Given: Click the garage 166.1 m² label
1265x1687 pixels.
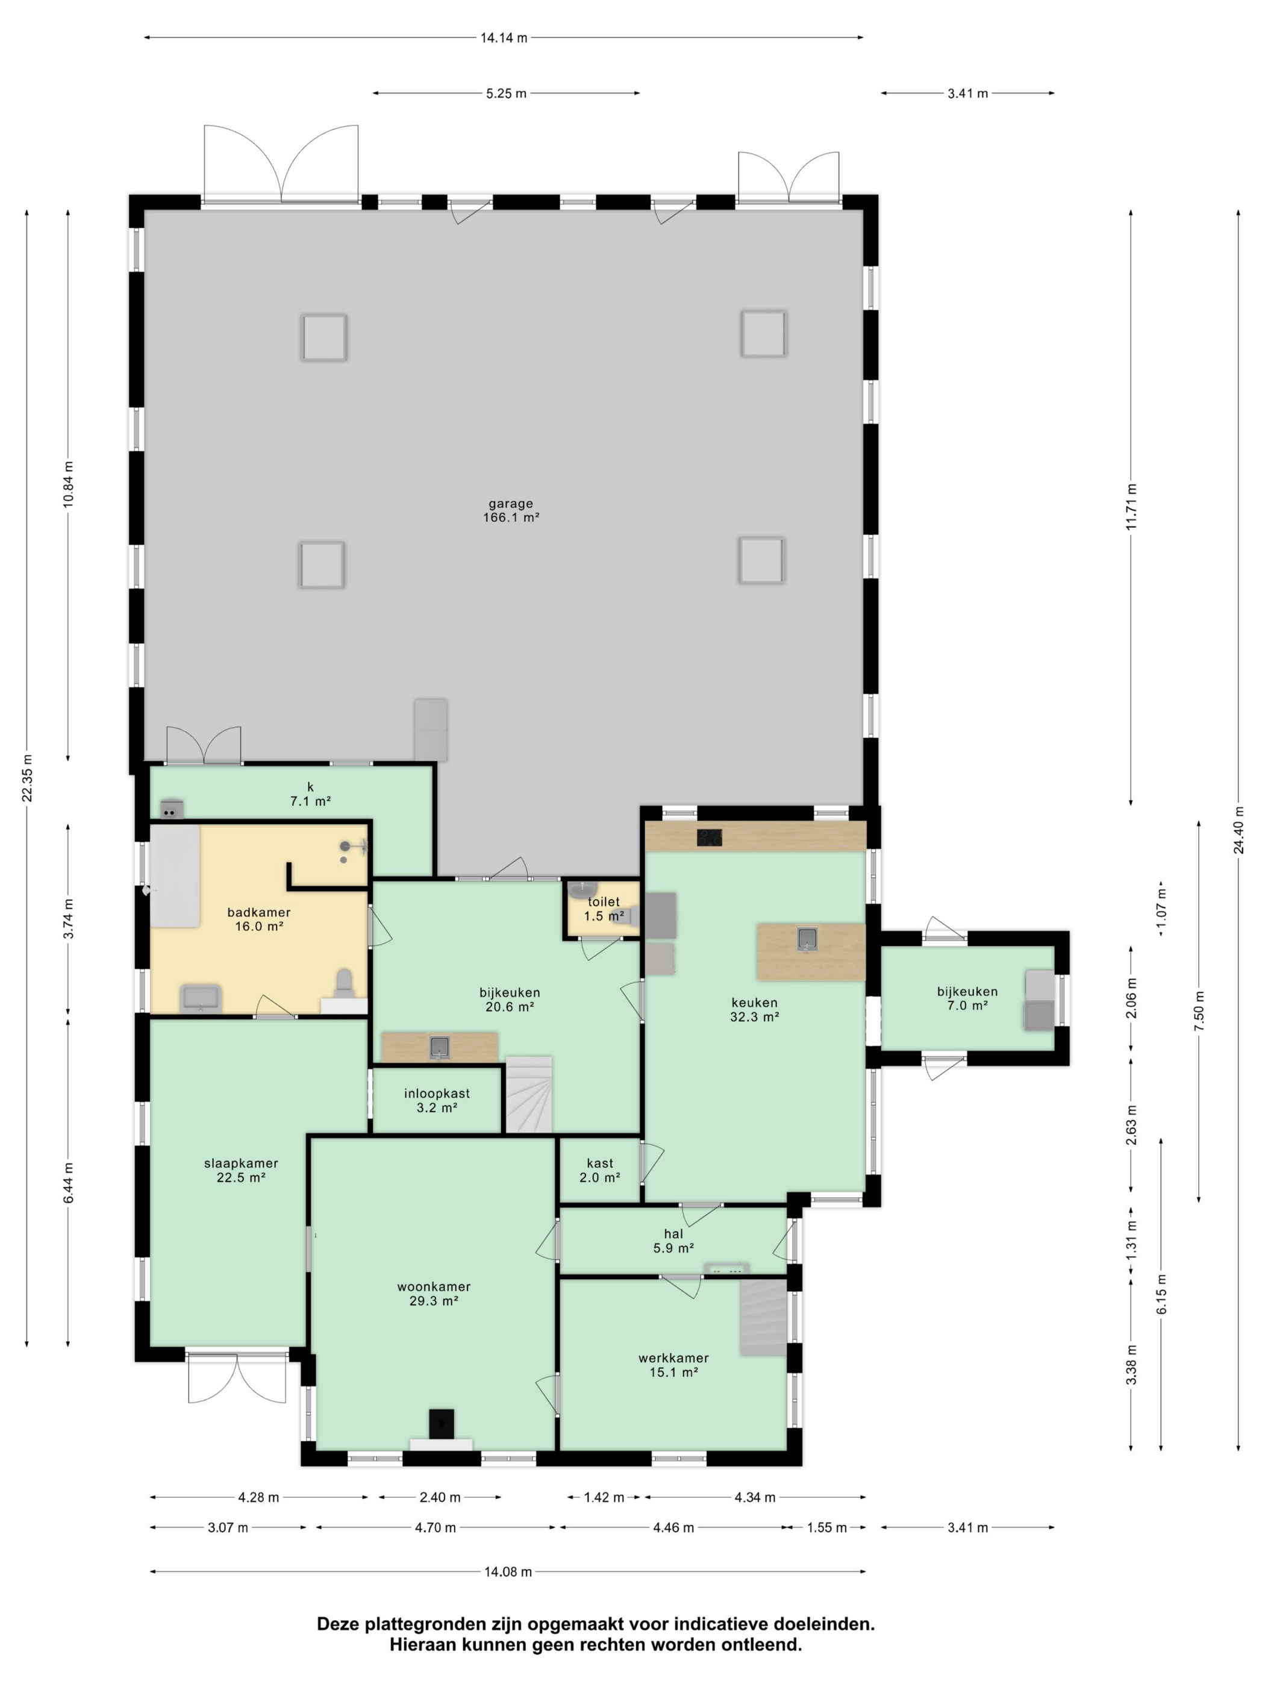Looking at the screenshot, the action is click(510, 510).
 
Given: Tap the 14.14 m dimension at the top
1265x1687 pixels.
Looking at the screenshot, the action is click(503, 37).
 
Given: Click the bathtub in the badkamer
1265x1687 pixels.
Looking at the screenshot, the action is click(175, 875).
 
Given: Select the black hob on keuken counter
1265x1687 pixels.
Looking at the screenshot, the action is click(709, 837).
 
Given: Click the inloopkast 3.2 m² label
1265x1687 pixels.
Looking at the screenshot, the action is click(437, 1100).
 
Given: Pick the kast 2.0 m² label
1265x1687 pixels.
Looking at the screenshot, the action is click(599, 1170).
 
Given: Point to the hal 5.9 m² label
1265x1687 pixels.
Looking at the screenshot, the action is click(673, 1241).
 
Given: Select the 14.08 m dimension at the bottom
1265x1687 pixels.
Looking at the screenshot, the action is click(508, 1571).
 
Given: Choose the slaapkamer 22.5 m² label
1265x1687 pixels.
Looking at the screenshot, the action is click(241, 1170).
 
